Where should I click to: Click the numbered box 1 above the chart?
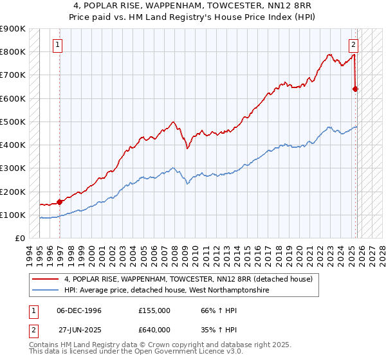pos(58,45)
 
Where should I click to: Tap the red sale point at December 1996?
pos(60,201)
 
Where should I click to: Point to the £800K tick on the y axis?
pos(13,52)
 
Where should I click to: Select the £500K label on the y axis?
pos(13,122)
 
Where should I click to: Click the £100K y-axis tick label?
pos(13,215)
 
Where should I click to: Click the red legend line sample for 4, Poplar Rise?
pos(46,279)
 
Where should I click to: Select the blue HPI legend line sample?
pos(46,291)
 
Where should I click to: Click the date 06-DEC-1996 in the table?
pos(78,310)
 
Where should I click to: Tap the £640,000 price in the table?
pos(154,331)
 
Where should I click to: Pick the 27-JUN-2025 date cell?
pos(78,331)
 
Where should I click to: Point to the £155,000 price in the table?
pos(154,310)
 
